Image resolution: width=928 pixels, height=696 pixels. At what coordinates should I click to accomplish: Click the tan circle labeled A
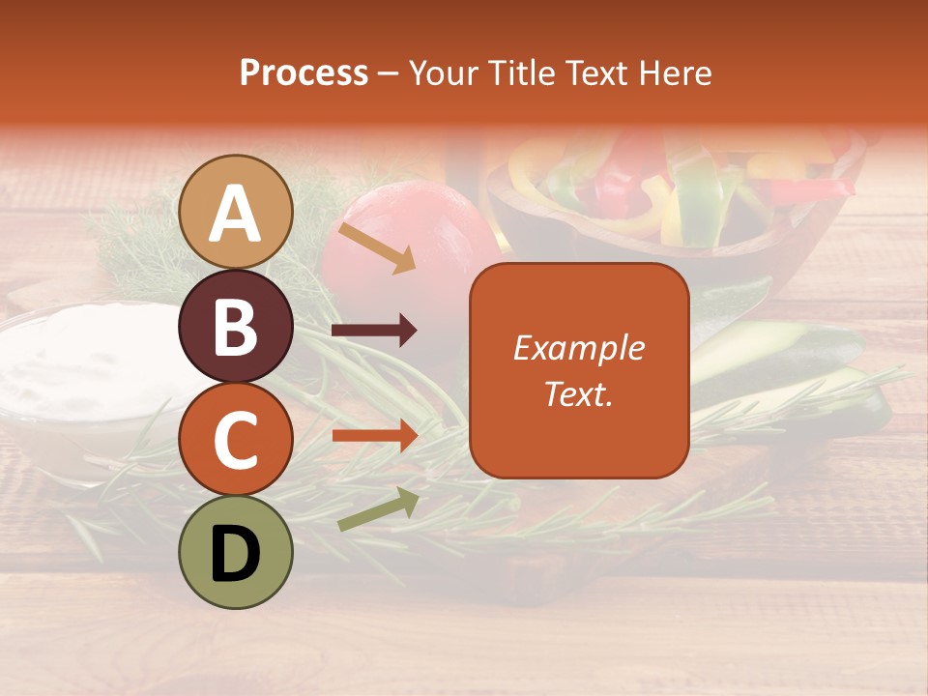[236, 213]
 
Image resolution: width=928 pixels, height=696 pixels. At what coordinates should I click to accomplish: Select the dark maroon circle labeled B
[236, 327]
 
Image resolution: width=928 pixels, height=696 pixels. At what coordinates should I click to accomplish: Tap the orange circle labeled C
[236, 440]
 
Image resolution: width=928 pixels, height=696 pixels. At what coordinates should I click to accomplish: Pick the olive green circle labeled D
[236, 553]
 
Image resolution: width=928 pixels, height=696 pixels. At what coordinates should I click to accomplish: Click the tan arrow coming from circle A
[376, 247]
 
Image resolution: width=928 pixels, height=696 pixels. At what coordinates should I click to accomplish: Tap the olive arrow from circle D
[378, 509]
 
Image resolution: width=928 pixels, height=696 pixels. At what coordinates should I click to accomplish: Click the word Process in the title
[304, 73]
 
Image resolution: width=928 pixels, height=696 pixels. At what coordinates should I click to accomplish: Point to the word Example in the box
[578, 348]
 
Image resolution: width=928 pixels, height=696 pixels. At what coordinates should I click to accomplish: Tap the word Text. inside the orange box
[578, 393]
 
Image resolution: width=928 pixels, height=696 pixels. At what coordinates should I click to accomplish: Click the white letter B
[236, 327]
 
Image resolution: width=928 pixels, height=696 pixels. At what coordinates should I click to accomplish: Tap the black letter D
[236, 553]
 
